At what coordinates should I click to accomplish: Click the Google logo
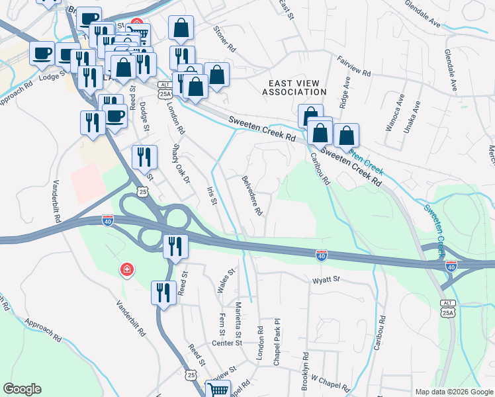pyautogui.click(x=22, y=390)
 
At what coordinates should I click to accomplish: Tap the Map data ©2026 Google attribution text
pyautogui.click(x=454, y=392)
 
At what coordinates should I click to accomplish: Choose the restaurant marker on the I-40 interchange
pyautogui.click(x=175, y=246)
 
